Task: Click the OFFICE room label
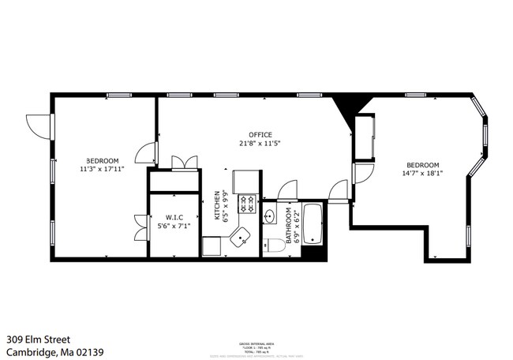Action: coord(260,134)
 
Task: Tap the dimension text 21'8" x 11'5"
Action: coord(260,144)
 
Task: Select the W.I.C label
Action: coord(174,217)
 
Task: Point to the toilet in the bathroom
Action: coord(272,243)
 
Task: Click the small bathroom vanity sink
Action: coord(269,216)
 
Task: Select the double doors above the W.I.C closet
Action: coord(184,163)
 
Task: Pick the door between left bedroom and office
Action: coord(146,152)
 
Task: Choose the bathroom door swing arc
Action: coord(286,190)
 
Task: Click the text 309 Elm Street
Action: coord(39,338)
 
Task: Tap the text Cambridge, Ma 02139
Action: coord(55,352)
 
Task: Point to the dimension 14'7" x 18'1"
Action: coord(422,173)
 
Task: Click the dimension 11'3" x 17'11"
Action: coord(102,168)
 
